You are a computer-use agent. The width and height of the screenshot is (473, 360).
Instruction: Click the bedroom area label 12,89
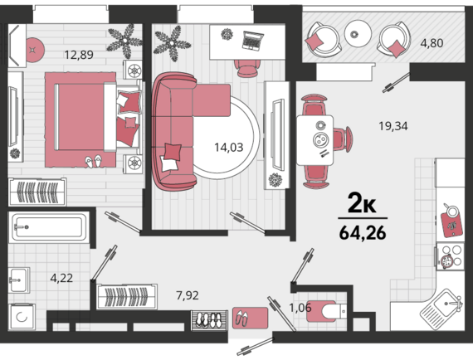click(79, 55)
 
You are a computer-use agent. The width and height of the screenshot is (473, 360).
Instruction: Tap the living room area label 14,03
click(229, 148)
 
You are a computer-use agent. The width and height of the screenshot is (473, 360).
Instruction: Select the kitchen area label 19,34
click(393, 126)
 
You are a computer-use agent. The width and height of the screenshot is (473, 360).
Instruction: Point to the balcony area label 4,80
click(432, 43)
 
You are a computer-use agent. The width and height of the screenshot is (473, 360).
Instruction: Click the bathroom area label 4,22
click(61, 278)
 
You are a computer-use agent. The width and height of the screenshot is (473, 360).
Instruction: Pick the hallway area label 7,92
click(188, 295)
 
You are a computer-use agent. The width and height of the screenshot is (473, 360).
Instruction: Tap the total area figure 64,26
click(363, 233)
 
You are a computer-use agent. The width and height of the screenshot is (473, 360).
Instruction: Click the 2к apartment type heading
click(362, 203)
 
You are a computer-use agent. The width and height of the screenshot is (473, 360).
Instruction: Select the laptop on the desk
click(253, 40)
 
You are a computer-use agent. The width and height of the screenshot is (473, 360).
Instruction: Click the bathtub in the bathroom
click(48, 227)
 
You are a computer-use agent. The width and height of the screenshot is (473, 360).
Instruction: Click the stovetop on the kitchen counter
click(449, 257)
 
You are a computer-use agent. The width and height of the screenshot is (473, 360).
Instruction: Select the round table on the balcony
click(358, 33)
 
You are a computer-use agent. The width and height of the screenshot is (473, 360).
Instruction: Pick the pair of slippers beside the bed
click(93, 162)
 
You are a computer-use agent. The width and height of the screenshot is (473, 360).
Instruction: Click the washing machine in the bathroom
click(22, 317)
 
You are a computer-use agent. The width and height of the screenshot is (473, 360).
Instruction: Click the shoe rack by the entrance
click(210, 320)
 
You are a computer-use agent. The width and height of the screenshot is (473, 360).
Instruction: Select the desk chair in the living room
click(247, 68)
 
